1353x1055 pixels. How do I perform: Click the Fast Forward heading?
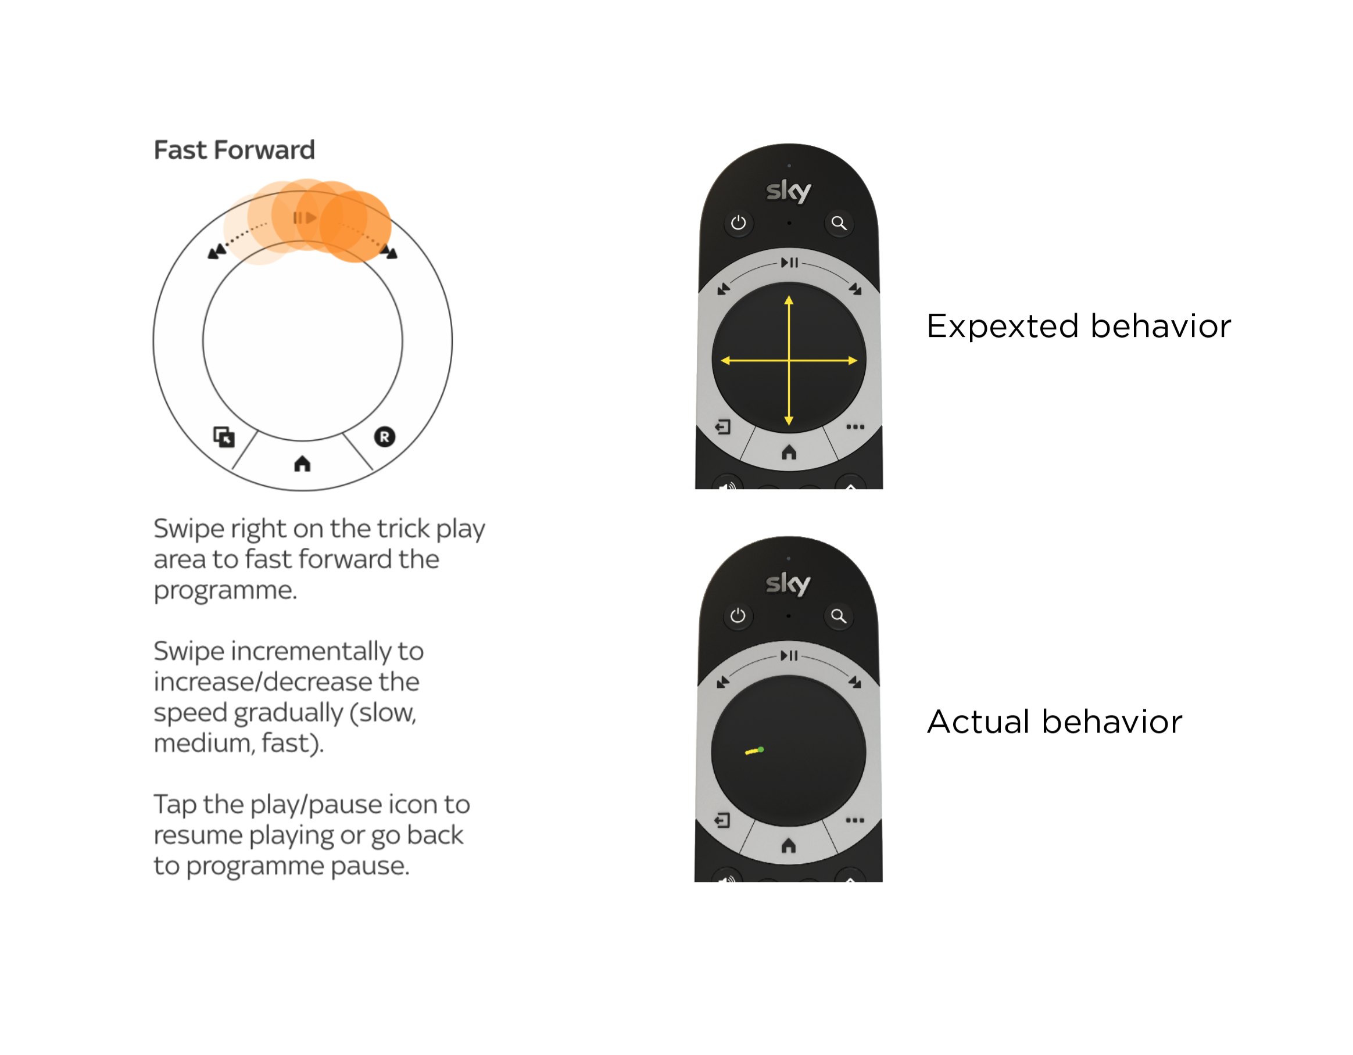tap(234, 150)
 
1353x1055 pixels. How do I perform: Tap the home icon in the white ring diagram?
tap(302, 464)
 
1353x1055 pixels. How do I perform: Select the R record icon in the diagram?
tap(384, 437)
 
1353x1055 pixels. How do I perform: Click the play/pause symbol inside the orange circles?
tap(305, 218)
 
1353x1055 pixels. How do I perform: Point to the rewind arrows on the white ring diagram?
tap(217, 251)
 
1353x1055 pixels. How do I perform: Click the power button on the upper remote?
tap(738, 223)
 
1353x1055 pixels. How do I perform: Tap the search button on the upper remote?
tap(839, 223)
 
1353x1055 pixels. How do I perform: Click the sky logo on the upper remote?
tap(788, 191)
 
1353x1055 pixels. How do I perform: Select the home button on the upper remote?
tap(789, 453)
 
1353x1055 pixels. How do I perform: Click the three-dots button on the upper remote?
tap(855, 426)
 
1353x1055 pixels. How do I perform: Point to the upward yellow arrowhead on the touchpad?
tap(789, 301)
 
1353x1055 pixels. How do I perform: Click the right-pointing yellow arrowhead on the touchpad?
tap(853, 360)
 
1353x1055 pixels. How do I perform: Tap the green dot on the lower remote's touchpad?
tap(761, 750)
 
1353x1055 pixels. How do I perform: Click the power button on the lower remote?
tap(737, 616)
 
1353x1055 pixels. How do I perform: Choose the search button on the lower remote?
tap(838, 616)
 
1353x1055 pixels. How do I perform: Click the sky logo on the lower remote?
tap(788, 583)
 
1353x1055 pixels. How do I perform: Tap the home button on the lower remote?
tap(788, 846)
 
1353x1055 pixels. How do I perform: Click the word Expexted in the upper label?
tap(1003, 326)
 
